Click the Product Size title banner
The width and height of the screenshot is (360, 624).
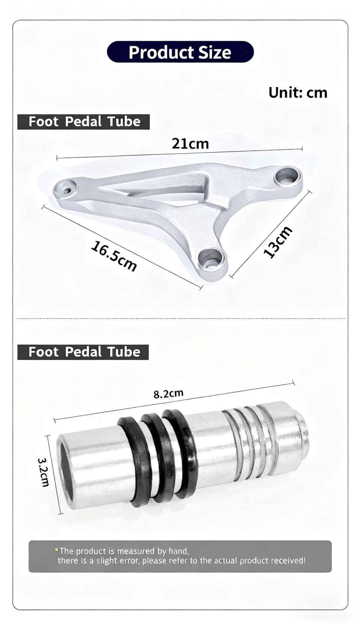point(180,52)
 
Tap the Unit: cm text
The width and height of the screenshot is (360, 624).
point(298,93)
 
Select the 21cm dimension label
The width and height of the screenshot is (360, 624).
point(190,144)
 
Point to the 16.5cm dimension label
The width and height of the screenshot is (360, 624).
point(114,256)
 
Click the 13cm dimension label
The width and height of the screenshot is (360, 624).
point(278,241)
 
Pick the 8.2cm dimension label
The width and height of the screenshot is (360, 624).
point(169,394)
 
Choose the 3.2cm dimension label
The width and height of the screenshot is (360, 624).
point(43,472)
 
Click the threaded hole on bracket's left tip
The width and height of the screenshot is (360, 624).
point(67,190)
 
